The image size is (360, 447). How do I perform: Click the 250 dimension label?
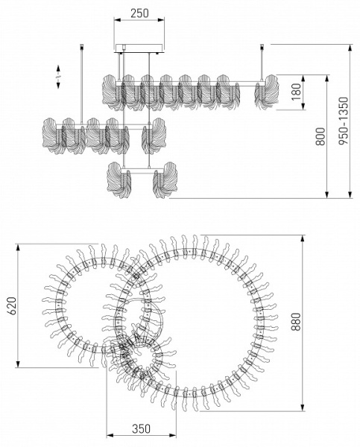(x=139, y=13)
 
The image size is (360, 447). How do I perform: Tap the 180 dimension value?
(x=297, y=92)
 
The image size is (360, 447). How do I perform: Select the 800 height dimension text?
(x=320, y=136)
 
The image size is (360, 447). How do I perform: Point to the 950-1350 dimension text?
(x=344, y=121)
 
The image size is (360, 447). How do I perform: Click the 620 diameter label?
(x=11, y=305)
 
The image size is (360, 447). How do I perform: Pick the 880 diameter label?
(x=296, y=322)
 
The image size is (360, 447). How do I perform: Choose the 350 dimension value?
(x=141, y=428)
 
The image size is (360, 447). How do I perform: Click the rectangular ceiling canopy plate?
(x=139, y=48)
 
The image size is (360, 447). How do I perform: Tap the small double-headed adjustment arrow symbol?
(x=58, y=77)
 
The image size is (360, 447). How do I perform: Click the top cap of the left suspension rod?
(x=82, y=46)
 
